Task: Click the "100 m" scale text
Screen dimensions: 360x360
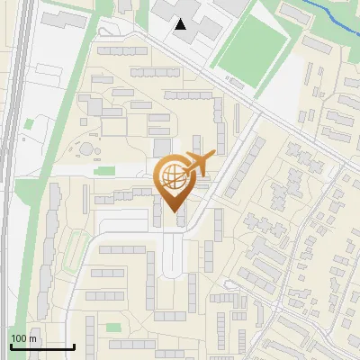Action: click(23, 338)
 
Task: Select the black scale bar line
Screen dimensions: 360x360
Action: click(42, 346)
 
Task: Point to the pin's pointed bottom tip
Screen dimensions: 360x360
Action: click(171, 211)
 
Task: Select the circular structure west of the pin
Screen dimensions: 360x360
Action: click(85, 147)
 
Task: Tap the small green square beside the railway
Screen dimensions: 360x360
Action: click(30, 124)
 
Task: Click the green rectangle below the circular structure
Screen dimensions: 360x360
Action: click(106, 170)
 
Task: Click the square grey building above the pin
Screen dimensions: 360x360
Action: click(162, 147)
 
